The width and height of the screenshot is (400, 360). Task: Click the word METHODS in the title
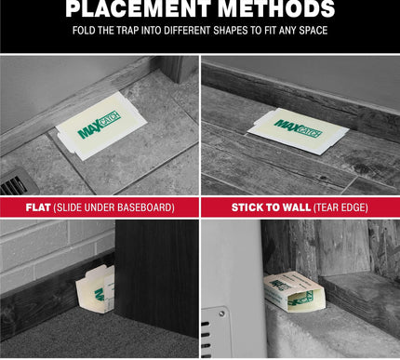[x=275, y=9]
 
